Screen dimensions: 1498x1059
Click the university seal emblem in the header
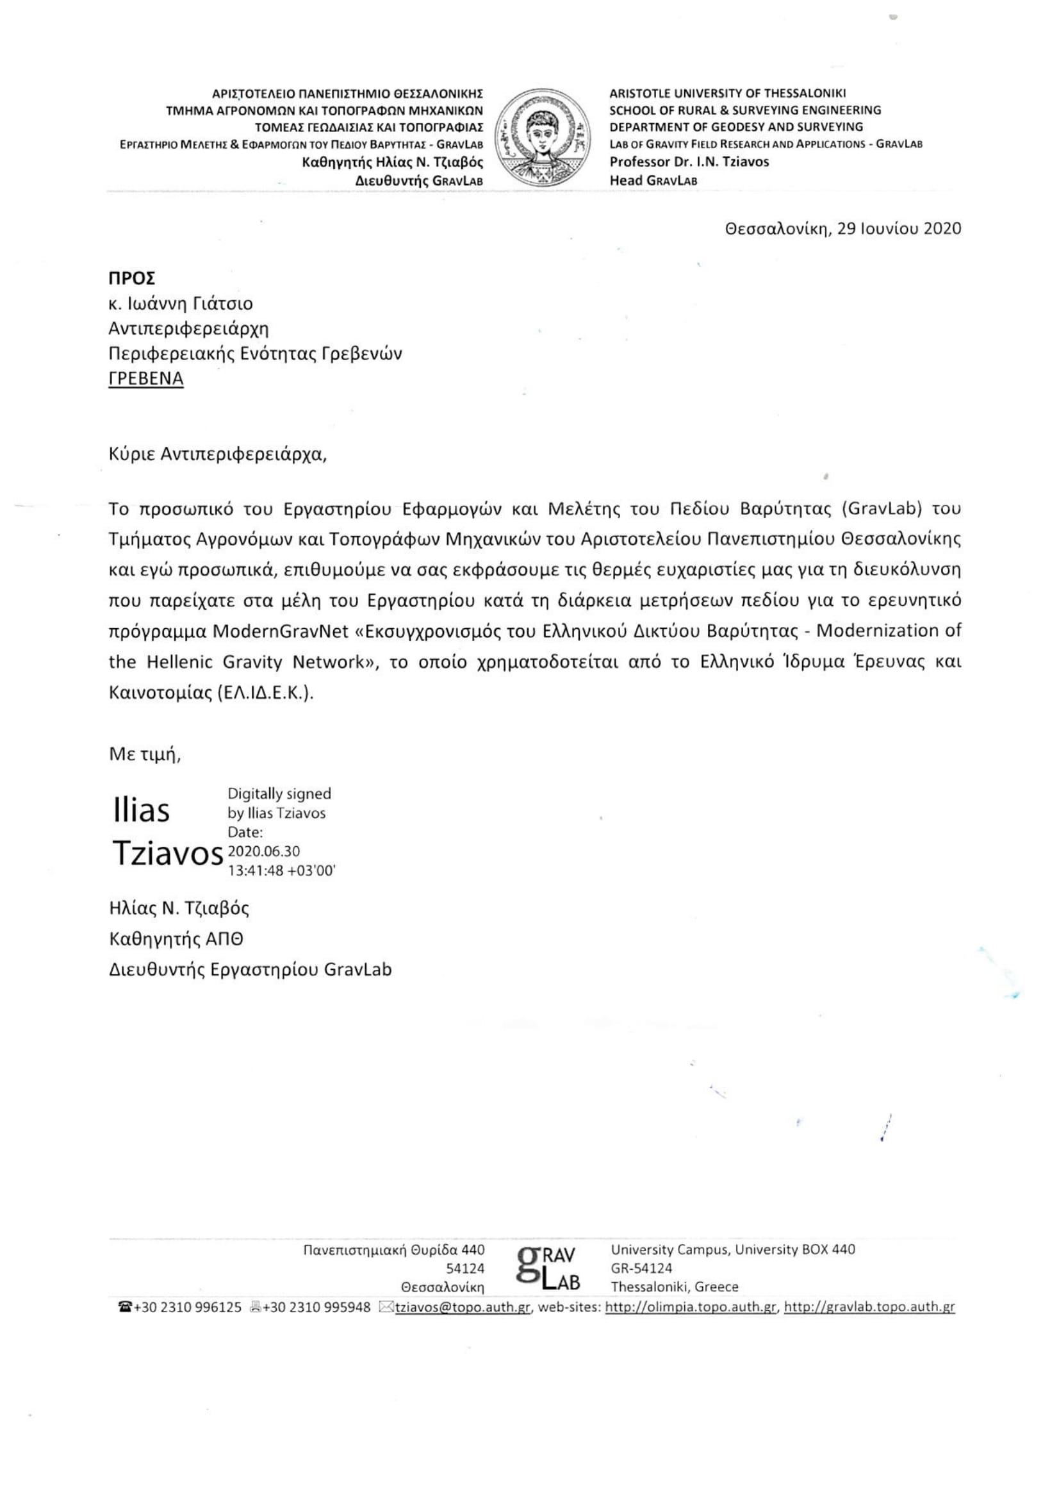tap(542, 138)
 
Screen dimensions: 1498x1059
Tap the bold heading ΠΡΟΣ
tap(132, 279)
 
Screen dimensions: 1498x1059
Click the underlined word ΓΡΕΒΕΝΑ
tap(146, 378)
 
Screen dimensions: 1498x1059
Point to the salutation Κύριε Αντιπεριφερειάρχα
tap(218, 454)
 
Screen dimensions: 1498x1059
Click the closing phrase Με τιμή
tap(145, 755)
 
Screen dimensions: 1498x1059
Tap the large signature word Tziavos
tap(168, 853)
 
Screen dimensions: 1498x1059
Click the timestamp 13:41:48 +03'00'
tap(281, 870)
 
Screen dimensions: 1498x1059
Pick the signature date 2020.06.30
tap(263, 851)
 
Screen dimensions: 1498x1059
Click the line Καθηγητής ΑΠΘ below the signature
tap(176, 939)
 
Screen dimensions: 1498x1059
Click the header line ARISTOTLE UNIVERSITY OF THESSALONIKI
tap(727, 94)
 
